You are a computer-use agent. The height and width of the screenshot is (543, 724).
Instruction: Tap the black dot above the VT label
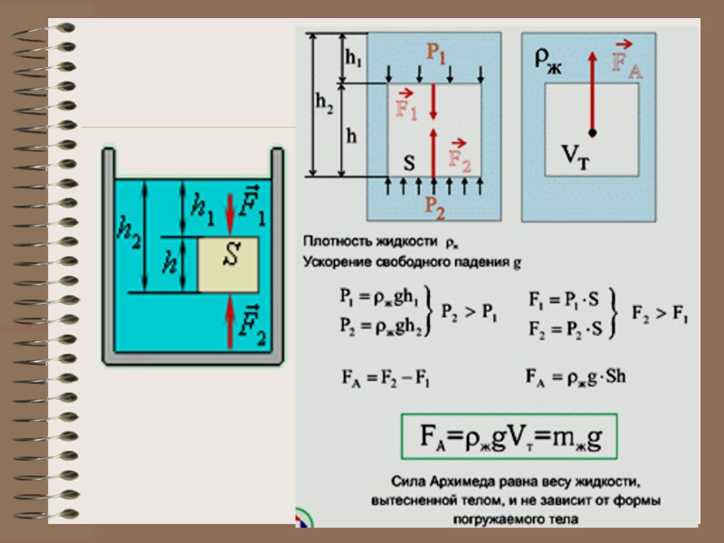(592, 133)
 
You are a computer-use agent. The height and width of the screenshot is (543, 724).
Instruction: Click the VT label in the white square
(567, 156)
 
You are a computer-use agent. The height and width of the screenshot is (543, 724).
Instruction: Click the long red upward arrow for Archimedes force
(592, 90)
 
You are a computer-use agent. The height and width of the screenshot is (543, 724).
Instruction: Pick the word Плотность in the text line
(334, 243)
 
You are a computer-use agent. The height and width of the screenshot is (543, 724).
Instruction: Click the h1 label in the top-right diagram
(353, 59)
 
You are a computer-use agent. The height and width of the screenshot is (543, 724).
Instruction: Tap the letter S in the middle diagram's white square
(409, 164)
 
